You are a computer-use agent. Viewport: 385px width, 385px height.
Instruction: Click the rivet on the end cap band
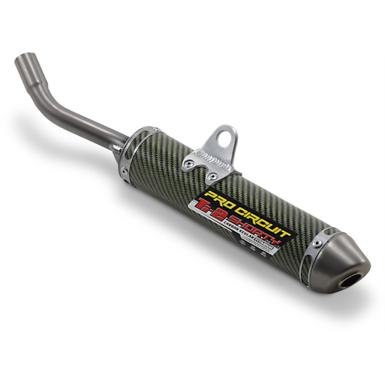316,244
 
